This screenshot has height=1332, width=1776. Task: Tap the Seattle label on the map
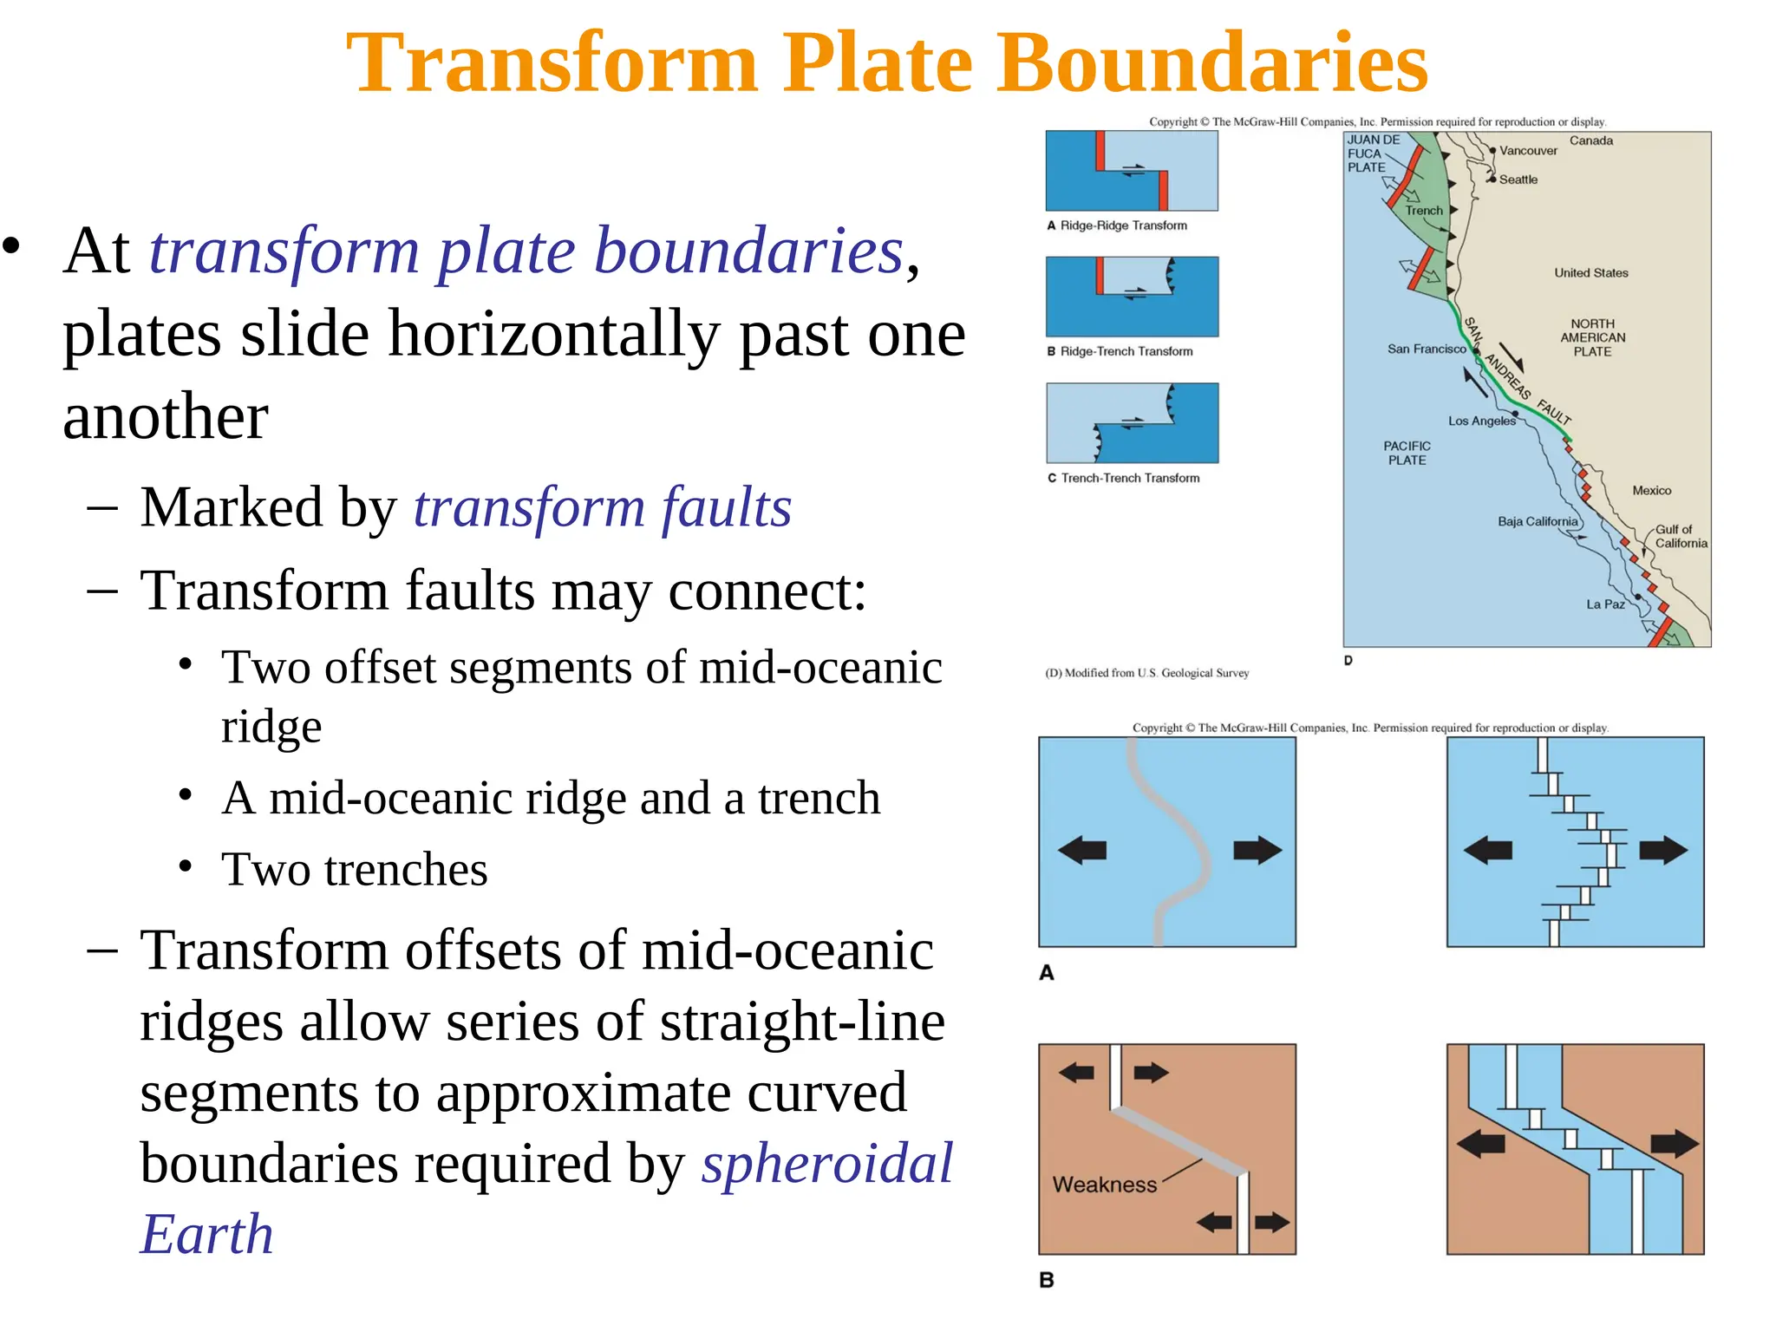coord(1518,180)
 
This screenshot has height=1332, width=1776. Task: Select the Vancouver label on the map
coord(1528,151)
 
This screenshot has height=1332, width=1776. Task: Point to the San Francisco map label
coord(1426,349)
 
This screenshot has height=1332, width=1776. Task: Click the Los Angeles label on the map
coord(1481,421)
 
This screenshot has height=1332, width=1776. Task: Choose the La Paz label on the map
coord(1605,604)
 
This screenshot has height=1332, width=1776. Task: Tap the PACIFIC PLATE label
coord(1407,453)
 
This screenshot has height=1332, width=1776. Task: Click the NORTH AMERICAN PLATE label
coord(1592,337)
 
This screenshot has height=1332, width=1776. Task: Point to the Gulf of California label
coord(1680,536)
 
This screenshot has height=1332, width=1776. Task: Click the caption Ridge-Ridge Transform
coord(1123,225)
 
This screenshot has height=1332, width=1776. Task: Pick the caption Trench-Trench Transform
coord(1130,478)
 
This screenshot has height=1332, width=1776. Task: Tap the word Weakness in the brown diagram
coord(1104,1185)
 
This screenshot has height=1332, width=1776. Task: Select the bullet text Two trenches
coord(354,870)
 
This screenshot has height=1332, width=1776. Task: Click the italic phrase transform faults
coord(602,507)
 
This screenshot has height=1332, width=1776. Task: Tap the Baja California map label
coord(1538,521)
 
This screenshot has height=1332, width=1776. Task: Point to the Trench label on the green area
coord(1424,211)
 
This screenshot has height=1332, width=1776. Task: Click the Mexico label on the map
coord(1651,491)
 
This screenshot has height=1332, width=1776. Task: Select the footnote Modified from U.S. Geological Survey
coord(1146,673)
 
